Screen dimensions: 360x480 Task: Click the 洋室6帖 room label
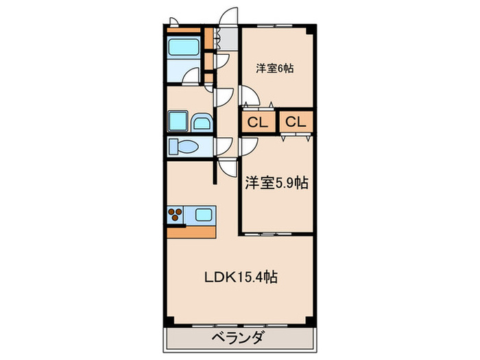(x=276, y=69)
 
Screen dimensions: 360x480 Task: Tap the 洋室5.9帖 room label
(x=276, y=183)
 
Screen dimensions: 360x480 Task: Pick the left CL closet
(x=256, y=123)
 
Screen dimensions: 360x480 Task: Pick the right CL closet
(x=296, y=123)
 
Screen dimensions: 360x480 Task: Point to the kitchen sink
(x=204, y=215)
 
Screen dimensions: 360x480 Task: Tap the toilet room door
(x=225, y=145)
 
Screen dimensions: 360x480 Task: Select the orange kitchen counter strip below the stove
(x=191, y=230)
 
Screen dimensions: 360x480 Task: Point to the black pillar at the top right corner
(x=312, y=29)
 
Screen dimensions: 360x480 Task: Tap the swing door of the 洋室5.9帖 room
(x=248, y=145)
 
